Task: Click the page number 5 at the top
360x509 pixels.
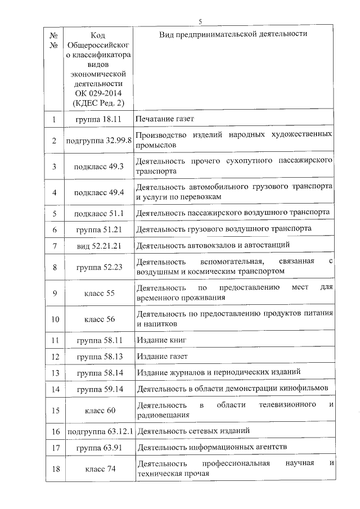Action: click(200, 22)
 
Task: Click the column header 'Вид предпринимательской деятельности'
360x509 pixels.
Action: click(232, 34)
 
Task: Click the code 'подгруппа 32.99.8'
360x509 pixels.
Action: click(98, 141)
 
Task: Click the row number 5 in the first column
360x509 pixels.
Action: click(55, 214)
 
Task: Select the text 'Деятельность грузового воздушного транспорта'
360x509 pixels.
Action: click(223, 229)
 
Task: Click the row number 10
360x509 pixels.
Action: click(55, 319)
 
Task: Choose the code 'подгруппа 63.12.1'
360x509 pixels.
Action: click(98, 431)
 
